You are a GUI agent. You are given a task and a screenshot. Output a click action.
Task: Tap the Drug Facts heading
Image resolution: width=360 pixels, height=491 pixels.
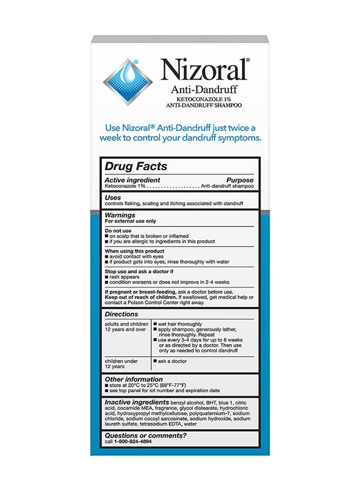click(136, 166)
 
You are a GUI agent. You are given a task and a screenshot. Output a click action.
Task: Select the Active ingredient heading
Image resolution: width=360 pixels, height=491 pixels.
click(133, 180)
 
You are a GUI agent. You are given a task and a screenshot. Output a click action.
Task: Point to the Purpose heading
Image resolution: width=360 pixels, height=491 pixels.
click(239, 180)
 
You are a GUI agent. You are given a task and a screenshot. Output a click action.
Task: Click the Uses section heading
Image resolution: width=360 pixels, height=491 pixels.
click(113, 197)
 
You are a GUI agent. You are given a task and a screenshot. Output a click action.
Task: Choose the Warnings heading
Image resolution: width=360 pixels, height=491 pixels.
click(120, 215)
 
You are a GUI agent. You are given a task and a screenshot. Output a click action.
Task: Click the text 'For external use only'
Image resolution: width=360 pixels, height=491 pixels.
click(130, 221)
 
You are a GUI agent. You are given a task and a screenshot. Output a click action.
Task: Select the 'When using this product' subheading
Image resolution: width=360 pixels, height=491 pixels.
click(134, 251)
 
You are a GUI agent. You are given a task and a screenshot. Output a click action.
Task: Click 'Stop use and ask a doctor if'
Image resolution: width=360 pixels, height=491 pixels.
click(139, 271)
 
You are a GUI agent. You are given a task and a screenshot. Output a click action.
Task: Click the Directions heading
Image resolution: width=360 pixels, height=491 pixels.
click(122, 314)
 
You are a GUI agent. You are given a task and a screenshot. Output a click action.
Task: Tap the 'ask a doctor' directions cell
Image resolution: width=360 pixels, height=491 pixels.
click(173, 361)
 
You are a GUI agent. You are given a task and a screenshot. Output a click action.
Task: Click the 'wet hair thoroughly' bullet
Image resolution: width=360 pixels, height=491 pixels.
click(179, 324)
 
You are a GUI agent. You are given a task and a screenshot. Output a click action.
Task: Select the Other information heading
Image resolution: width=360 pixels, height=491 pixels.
click(134, 379)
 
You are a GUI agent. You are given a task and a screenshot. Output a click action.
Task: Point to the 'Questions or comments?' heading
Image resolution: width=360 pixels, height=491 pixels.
click(145, 435)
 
